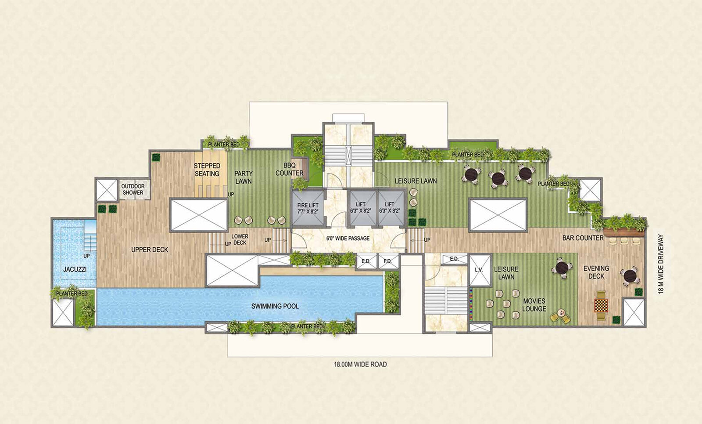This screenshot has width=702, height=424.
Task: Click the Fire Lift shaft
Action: [308, 208]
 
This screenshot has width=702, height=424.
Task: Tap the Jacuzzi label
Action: [75, 269]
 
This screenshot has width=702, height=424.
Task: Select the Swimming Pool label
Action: [275, 306]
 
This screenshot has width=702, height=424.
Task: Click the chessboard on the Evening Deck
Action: [601, 305]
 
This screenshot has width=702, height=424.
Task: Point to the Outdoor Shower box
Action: [133, 189]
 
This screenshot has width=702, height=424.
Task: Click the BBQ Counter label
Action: [289, 169]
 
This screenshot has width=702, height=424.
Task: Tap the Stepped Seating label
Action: [207, 170]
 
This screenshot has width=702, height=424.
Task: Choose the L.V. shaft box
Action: [480, 270]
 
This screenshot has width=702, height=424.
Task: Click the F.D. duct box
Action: [388, 261]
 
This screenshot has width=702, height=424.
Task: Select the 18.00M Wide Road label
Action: [360, 364]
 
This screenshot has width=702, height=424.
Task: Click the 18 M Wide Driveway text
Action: [661, 264]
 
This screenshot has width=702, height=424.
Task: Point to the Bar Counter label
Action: [583, 238]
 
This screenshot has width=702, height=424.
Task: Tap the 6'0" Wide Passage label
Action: [348, 239]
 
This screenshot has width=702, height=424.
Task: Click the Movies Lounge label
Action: [534, 305]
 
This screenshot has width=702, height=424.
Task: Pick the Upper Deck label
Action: [150, 250]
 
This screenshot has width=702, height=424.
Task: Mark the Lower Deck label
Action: [240, 239]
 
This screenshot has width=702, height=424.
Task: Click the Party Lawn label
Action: [244, 178]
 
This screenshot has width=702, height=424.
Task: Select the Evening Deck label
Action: [596, 272]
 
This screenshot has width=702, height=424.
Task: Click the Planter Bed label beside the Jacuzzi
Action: [72, 294]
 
